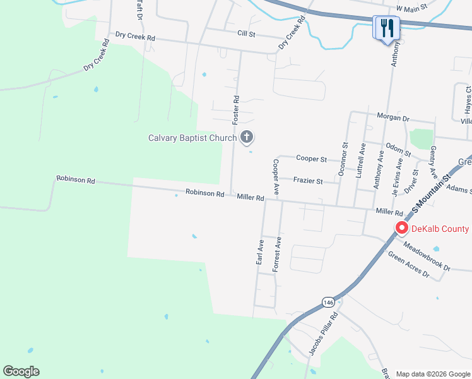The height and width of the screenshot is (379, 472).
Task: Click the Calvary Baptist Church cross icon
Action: (247, 137)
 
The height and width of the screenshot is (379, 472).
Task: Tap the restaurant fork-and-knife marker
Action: (387, 28)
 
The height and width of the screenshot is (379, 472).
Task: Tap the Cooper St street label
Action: (312, 159)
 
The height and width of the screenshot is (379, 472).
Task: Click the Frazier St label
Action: (308, 181)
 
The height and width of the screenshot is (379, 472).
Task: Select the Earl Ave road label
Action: (260, 252)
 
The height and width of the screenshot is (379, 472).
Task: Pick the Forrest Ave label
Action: (276, 254)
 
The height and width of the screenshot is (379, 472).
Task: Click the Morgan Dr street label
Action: (393, 117)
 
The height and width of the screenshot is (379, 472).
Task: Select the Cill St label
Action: (246, 33)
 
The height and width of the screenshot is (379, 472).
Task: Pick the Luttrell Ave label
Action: (362, 160)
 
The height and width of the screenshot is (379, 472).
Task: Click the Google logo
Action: (21, 371)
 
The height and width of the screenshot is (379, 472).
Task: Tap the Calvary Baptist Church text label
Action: (192, 138)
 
